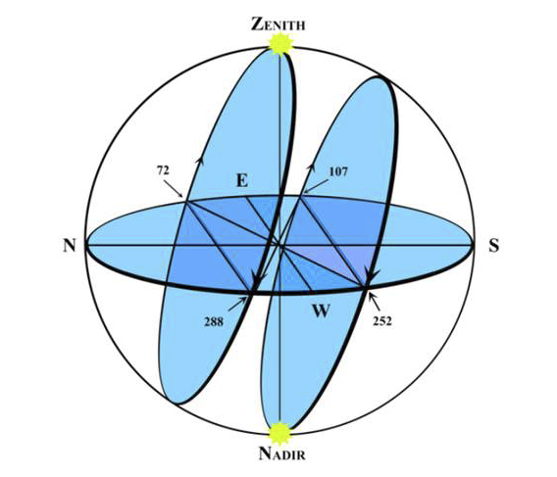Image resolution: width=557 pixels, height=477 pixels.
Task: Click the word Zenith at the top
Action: click(x=278, y=24)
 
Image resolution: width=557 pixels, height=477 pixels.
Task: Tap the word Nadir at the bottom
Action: click(x=282, y=453)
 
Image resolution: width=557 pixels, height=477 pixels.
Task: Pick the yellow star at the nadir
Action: click(x=280, y=433)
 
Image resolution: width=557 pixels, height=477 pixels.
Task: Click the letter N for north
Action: click(x=70, y=245)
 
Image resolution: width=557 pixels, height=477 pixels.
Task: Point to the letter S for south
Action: click(x=494, y=245)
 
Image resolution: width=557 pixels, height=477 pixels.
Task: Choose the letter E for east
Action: click(x=242, y=180)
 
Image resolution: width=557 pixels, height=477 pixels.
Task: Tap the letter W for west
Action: click(x=321, y=311)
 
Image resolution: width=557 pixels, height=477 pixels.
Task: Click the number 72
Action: click(x=163, y=170)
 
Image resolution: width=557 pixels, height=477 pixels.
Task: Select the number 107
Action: click(x=338, y=171)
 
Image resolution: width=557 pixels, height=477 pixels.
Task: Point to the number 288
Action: click(x=214, y=321)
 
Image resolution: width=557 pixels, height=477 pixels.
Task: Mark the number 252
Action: click(x=382, y=321)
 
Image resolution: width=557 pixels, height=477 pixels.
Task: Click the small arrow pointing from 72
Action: click(x=174, y=189)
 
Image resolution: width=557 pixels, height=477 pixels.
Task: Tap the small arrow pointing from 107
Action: click(x=316, y=186)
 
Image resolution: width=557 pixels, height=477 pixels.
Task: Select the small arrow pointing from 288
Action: click(x=237, y=305)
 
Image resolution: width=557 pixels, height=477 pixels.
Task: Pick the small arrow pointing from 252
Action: click(x=374, y=302)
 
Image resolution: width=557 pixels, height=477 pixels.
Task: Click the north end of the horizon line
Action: click(x=86, y=245)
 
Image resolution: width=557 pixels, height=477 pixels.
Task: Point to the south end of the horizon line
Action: click(x=473, y=245)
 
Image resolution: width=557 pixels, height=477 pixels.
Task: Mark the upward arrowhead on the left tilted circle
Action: click(x=200, y=160)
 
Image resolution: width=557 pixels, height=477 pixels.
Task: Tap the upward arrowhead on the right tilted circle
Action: click(x=312, y=167)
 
